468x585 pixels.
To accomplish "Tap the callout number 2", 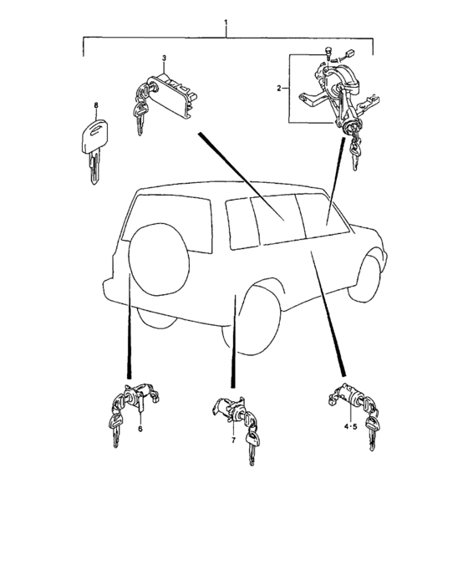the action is (x=279, y=89).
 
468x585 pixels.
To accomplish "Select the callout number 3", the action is (x=164, y=58).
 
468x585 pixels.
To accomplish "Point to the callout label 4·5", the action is (x=351, y=426).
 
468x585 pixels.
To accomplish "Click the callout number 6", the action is (x=140, y=429).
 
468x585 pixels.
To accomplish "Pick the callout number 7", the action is (x=234, y=440).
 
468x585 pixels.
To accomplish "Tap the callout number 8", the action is (x=96, y=105).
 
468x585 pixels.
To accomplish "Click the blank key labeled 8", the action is (x=94, y=150).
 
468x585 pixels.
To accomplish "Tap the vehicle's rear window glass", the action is (x=168, y=223).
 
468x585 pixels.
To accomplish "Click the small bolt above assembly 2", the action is (x=328, y=53).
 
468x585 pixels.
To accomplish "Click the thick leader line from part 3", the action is (x=242, y=176).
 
